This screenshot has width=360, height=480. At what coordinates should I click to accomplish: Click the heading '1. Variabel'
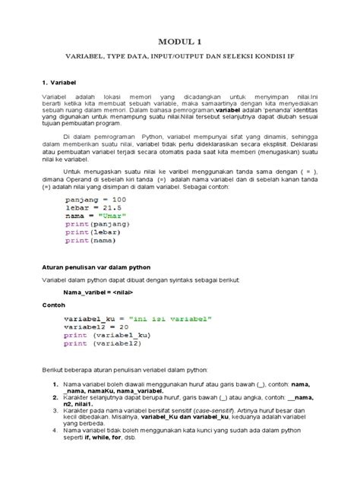[61, 81]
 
